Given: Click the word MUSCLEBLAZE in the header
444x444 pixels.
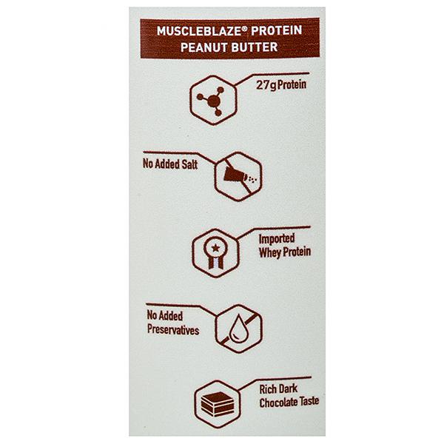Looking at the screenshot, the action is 199,31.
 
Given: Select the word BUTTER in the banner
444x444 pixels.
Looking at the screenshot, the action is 253,47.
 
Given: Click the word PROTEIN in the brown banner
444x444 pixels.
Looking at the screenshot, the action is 276,30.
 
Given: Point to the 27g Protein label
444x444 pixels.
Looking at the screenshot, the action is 281,85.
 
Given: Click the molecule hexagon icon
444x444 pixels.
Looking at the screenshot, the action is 213,100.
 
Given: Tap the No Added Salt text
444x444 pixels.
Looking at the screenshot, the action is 170,164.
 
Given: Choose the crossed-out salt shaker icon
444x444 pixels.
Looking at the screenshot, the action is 238,176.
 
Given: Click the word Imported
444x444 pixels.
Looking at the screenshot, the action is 277,239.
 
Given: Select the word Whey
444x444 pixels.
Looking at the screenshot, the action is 270,252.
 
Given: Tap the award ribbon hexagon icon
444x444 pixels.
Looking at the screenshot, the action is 216,253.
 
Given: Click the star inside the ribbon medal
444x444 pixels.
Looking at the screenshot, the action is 216,249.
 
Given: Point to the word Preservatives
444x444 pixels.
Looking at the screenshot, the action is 173,330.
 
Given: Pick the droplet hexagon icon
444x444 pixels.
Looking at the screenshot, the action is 239,329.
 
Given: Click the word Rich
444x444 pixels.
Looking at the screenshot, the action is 268,389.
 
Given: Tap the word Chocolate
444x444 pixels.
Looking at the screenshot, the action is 277,403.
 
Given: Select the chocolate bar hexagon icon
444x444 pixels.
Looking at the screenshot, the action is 217,404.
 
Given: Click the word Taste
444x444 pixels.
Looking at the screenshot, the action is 309,401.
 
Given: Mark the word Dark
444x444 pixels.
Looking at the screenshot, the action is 288,388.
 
